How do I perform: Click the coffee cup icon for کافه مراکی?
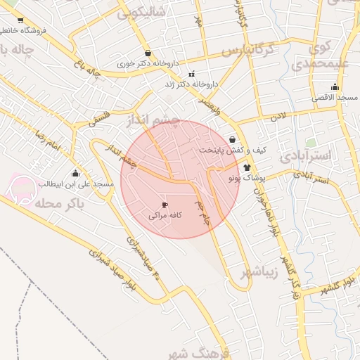click(165, 205)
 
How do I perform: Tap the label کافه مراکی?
click(165, 217)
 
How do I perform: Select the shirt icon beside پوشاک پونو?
click(247, 167)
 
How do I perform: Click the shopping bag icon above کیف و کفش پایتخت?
click(233, 139)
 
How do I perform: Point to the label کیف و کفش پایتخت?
click(231, 150)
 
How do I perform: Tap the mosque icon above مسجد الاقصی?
click(335, 87)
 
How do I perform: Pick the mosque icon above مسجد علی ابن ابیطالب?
click(76, 173)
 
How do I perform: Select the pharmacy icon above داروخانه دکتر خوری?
click(147, 53)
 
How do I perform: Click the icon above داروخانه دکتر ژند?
click(191, 74)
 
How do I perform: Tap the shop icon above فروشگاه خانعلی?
click(20, 20)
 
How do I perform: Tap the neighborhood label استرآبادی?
click(309, 154)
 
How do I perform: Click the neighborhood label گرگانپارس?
click(247, 51)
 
